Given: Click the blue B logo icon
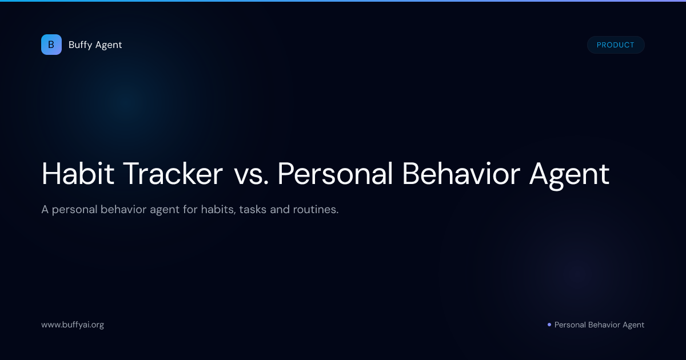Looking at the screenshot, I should [x=51, y=45].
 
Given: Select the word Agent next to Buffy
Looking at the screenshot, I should [x=109, y=45].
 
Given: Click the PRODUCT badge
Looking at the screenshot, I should [x=615, y=45].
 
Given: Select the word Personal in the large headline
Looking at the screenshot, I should [x=335, y=174].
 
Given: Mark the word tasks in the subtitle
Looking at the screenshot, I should [x=253, y=210].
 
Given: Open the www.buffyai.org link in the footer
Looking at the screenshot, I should [x=73, y=325].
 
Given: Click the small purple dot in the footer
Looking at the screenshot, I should [x=549, y=325].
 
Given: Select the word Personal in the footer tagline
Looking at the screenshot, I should [x=570, y=325].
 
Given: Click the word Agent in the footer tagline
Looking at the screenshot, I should [x=633, y=325].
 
